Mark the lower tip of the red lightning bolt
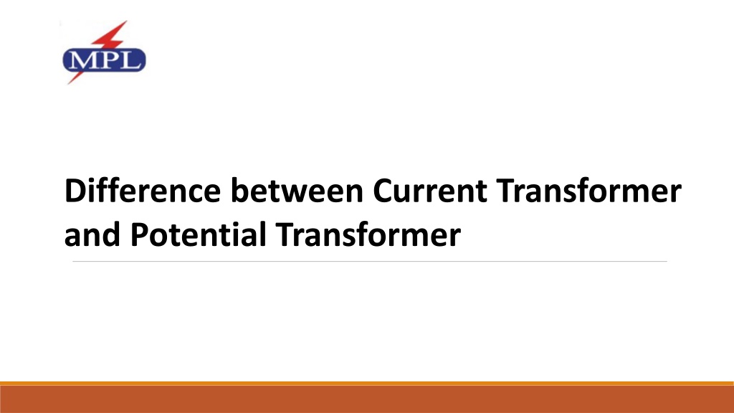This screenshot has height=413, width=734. pos(70,84)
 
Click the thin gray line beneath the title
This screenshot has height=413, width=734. pos(369,262)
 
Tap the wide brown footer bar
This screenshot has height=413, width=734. pos(367,399)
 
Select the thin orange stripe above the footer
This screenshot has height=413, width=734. pos(367,384)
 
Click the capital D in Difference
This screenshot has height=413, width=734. pos(74,193)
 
